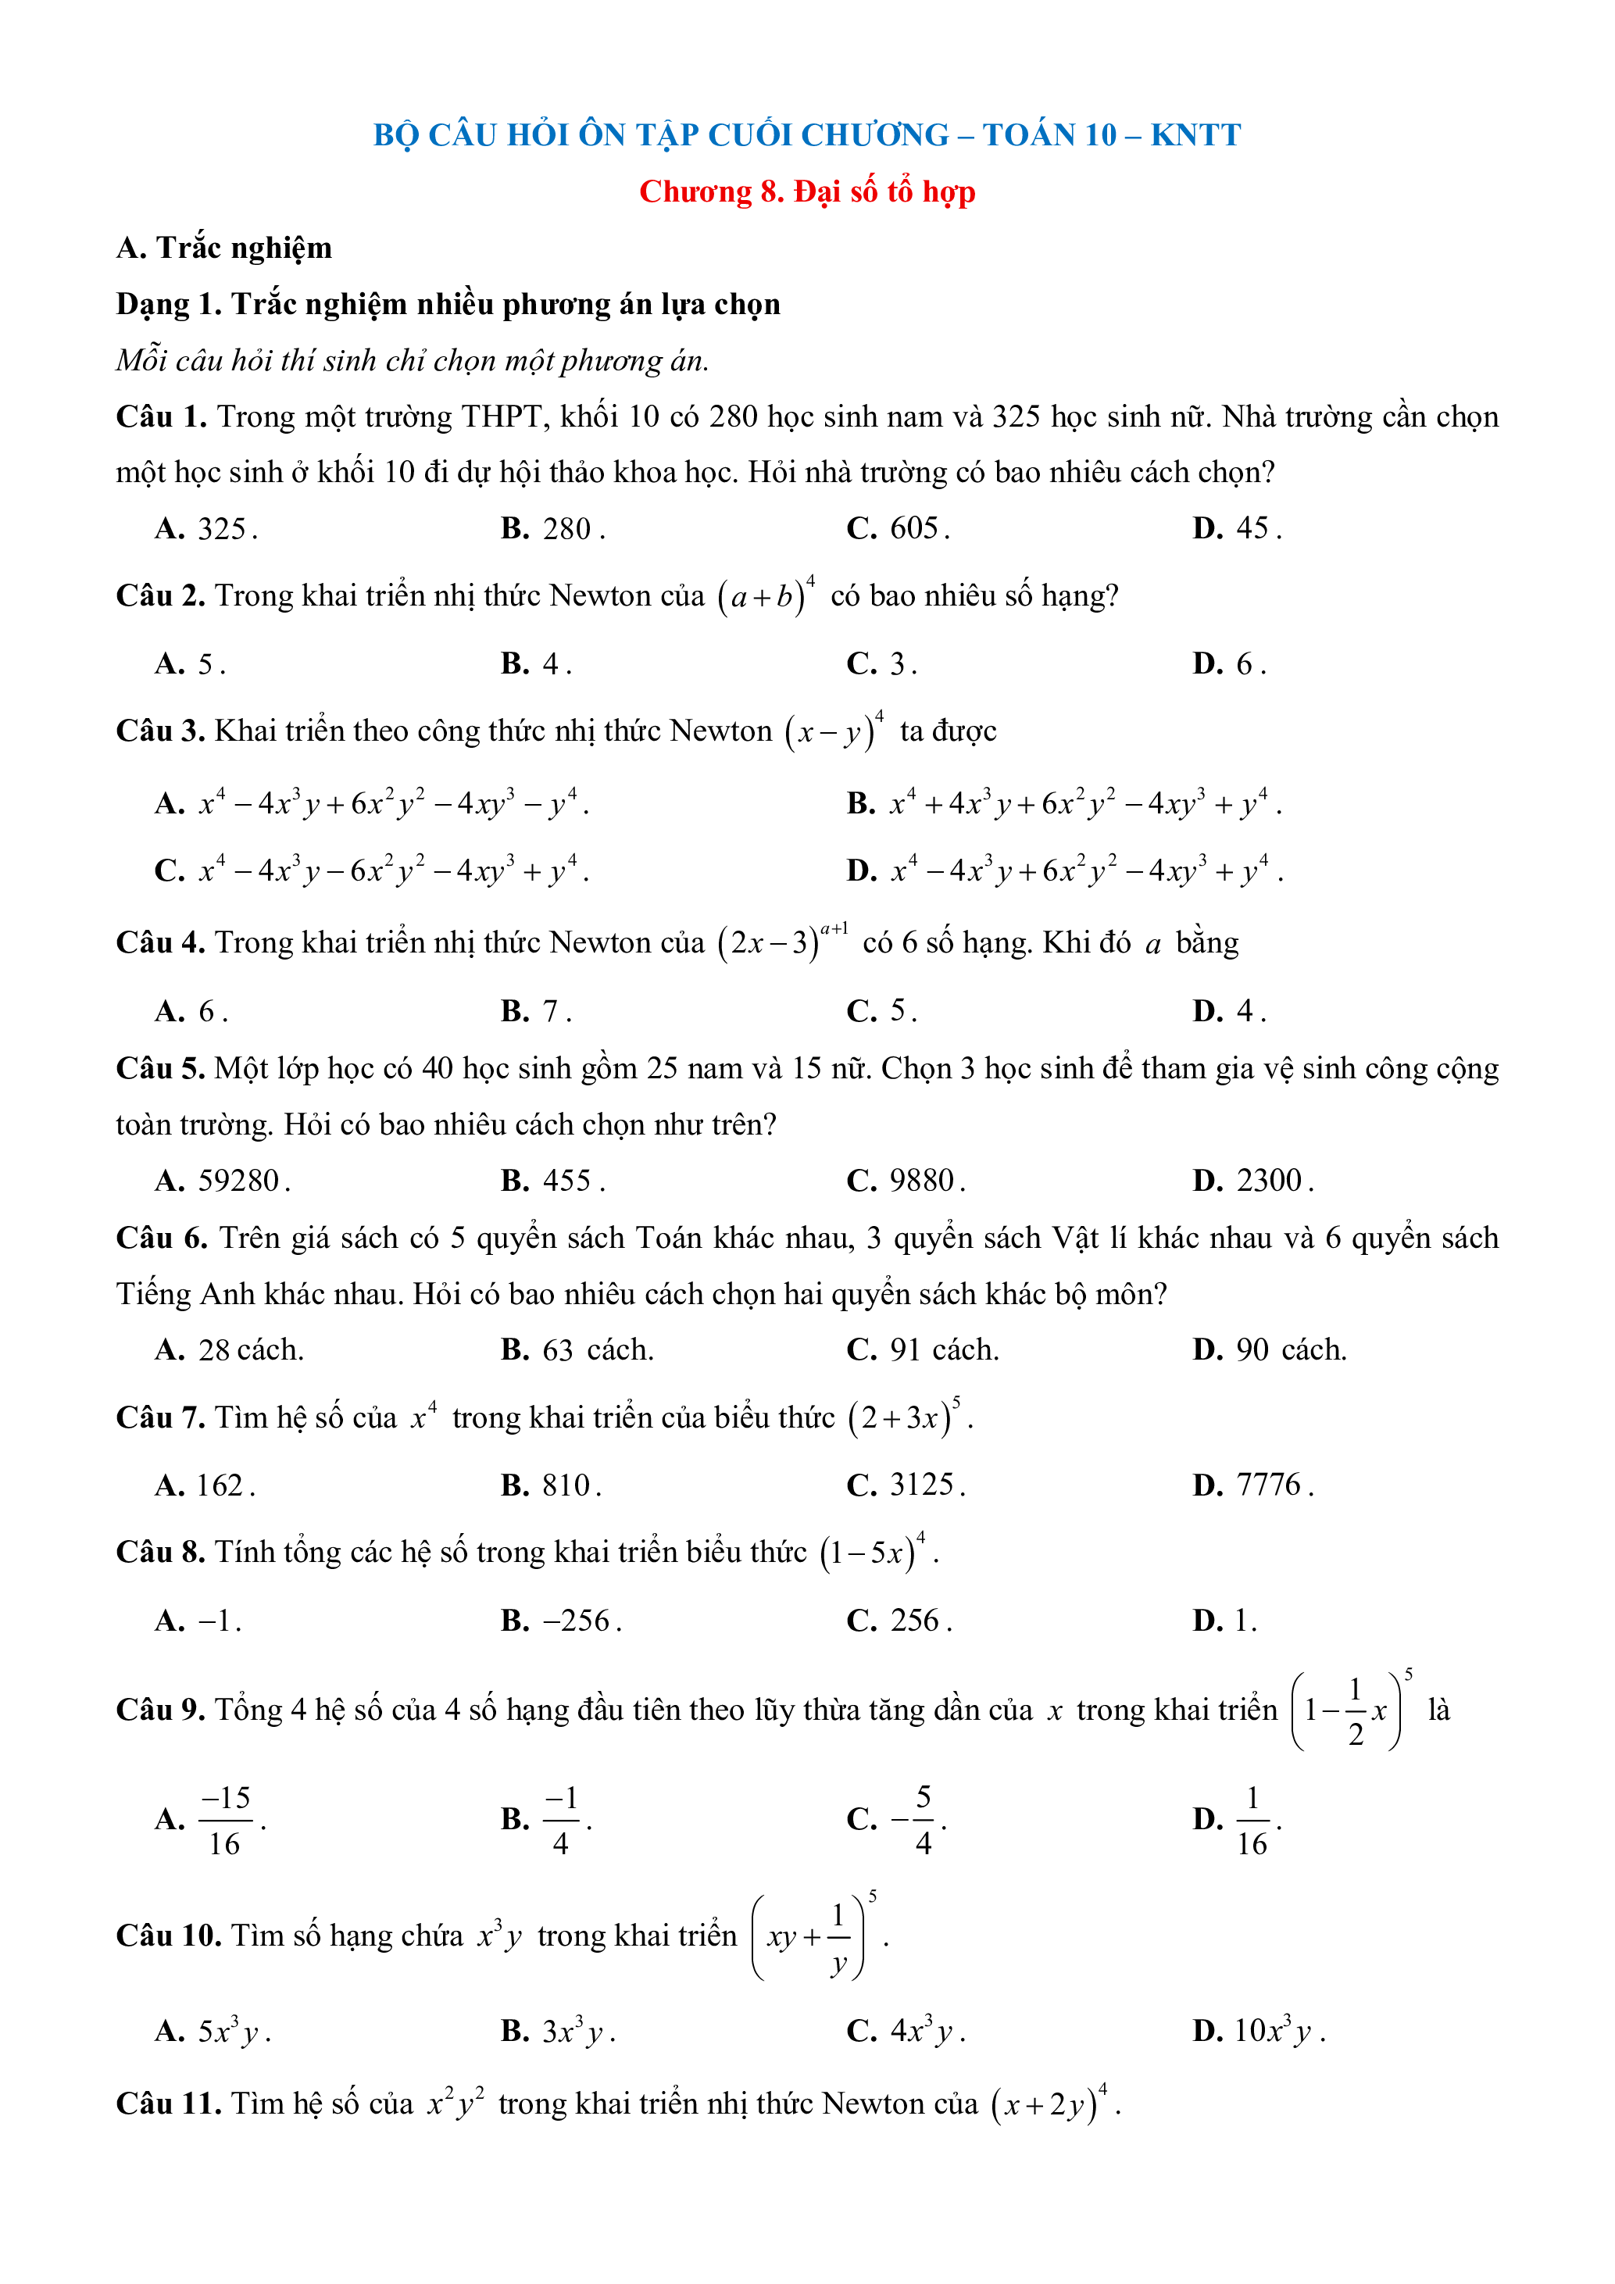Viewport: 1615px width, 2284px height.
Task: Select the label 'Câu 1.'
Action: click(161, 416)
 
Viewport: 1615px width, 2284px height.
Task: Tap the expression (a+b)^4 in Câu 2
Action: click(766, 596)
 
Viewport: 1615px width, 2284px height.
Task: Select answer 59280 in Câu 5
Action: click(238, 1181)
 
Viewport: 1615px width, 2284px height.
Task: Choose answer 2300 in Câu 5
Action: click(1269, 1181)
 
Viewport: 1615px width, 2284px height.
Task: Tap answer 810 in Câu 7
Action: click(566, 1485)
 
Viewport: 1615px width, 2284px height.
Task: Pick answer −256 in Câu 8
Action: click(577, 1621)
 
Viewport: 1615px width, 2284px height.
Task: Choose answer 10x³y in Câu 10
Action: click(1276, 2030)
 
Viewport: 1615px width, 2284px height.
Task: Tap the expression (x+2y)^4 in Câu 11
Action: click(1049, 2104)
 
